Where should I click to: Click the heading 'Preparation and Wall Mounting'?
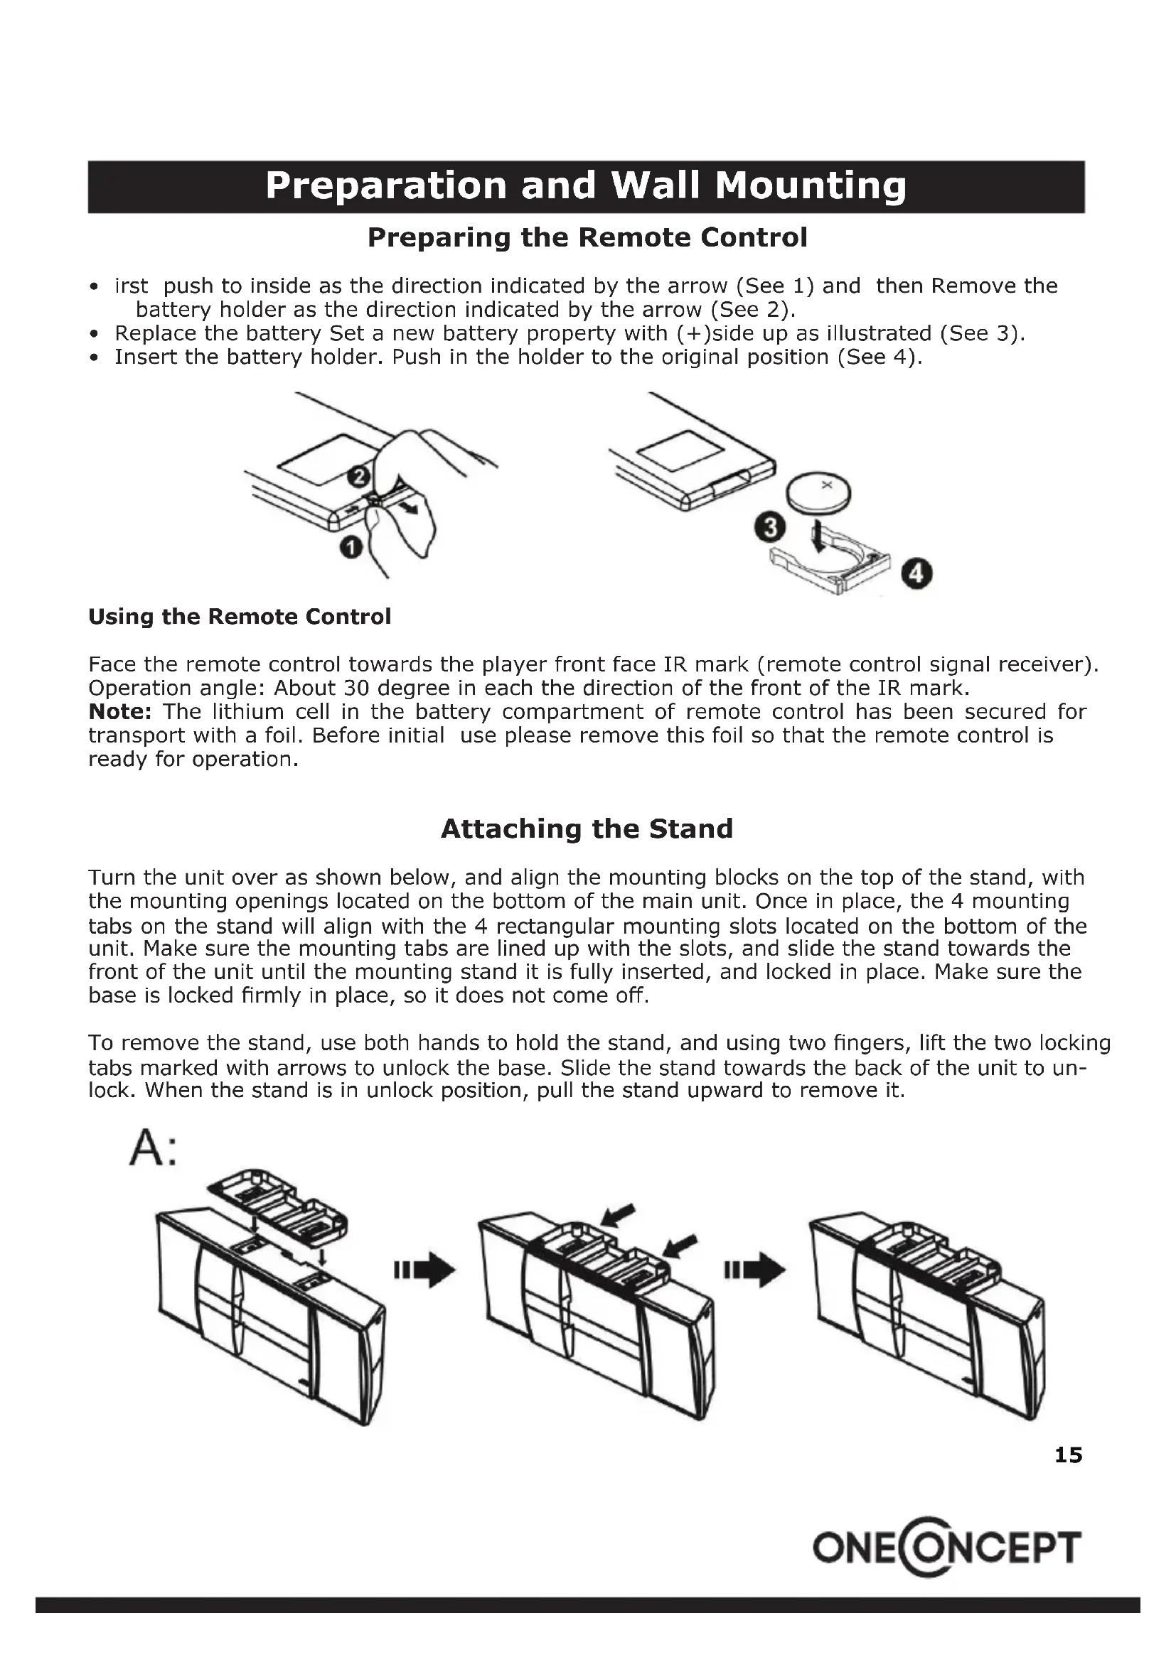click(586, 186)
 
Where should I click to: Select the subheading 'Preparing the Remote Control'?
click(587, 237)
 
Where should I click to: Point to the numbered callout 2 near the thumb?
click(358, 476)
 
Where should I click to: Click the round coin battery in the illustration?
click(818, 493)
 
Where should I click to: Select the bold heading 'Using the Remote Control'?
click(239, 617)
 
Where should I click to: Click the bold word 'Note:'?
click(119, 711)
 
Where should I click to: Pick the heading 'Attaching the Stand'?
click(587, 829)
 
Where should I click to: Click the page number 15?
click(1068, 1455)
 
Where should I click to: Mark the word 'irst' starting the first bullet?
click(131, 286)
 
